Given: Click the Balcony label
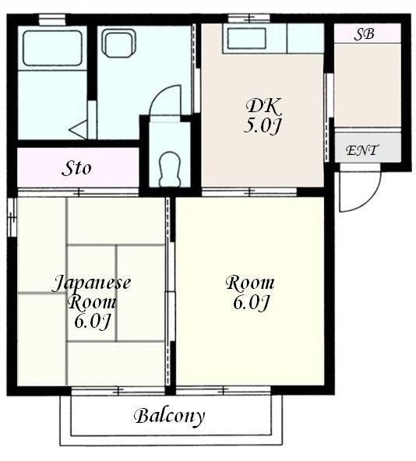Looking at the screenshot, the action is point(169,416).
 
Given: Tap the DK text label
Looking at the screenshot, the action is point(263,106).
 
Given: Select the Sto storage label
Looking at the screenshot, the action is point(76,168).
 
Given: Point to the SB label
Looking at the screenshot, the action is point(364,33).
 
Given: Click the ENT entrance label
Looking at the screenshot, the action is point(361,150).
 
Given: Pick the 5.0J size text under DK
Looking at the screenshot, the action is point(261,126).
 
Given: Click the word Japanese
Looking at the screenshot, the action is point(91,283).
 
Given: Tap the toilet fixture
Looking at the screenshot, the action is point(169,169).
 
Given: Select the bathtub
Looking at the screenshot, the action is point(52,48).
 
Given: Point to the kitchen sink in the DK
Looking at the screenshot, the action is point(246,38).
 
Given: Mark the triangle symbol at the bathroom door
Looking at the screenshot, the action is point(78,129).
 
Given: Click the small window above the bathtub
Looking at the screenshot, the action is point(52,19).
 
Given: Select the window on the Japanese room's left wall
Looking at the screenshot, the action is point(12,217).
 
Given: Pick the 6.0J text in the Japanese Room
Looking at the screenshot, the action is point(92,322).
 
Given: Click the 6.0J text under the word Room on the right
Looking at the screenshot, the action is point(251,302).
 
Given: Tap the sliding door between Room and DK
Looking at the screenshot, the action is point(249,192).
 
